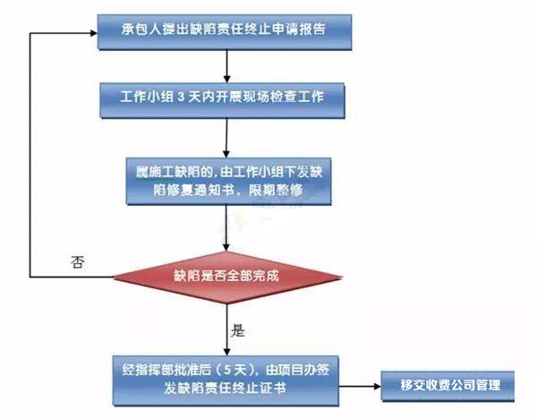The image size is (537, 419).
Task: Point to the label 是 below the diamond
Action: (x=238, y=330)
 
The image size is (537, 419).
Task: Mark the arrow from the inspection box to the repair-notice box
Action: (x=230, y=133)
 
